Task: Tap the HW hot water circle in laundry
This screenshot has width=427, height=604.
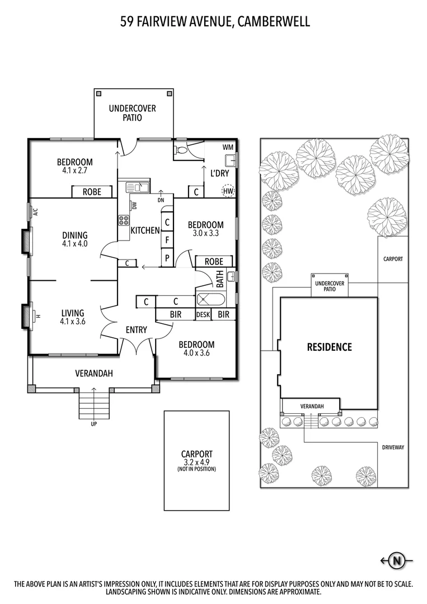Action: pos(228,191)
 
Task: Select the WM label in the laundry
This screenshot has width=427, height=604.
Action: pos(228,147)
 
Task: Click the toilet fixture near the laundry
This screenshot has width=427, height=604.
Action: pos(181,150)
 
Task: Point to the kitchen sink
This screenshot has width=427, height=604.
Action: pos(137,187)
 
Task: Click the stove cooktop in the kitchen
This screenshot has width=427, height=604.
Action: pos(123,220)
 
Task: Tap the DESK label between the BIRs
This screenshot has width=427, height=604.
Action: pos(203,315)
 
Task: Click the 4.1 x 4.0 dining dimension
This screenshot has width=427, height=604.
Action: pos(75,244)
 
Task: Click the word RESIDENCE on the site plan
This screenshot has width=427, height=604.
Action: pos(329,347)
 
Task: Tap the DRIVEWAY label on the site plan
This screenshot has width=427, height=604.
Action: pos(393,447)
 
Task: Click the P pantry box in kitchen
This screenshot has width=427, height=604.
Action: pos(167,258)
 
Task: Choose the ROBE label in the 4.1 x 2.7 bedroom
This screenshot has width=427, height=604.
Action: pos(92,192)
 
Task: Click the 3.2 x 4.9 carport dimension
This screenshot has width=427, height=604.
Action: pos(196,462)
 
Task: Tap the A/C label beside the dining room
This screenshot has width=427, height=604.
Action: pos(35,212)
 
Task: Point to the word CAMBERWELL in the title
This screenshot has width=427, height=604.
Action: pos(274,22)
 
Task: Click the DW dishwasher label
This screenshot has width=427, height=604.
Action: pos(134,205)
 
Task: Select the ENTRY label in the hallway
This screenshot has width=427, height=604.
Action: pos(136,330)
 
